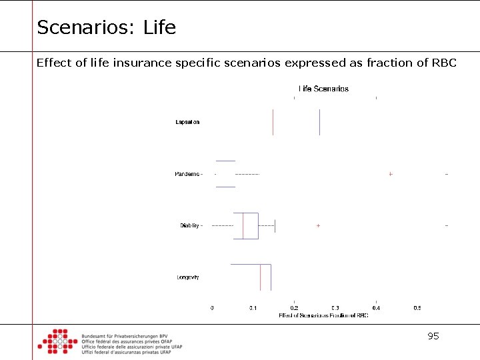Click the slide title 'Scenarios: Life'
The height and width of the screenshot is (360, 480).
click(x=106, y=27)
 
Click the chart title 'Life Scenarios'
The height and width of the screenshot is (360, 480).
click(x=323, y=89)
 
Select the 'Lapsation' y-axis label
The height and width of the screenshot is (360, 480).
click(x=187, y=122)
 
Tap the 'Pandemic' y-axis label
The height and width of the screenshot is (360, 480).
click(x=187, y=174)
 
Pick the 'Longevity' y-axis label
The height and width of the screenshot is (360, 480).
click(x=188, y=277)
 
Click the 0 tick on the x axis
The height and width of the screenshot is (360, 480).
click(x=212, y=308)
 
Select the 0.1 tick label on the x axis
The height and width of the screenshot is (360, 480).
click(x=253, y=308)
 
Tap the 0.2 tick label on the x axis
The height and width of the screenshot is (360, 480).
click(x=294, y=308)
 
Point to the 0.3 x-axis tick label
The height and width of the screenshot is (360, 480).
click(x=335, y=308)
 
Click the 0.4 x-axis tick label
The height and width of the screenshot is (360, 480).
click(x=376, y=308)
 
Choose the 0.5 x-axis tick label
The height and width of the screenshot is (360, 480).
click(x=417, y=308)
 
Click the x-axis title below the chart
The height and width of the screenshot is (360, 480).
click(x=323, y=315)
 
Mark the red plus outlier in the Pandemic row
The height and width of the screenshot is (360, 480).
click(x=391, y=174)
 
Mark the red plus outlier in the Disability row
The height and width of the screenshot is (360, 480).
click(x=318, y=226)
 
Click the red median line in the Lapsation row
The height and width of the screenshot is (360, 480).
click(x=273, y=122)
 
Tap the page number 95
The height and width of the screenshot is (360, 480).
click(x=433, y=337)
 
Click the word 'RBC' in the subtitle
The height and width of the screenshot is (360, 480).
click(x=444, y=63)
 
